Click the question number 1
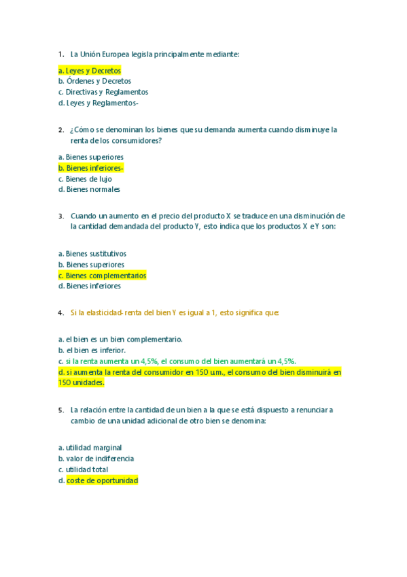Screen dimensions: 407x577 coord(61,54)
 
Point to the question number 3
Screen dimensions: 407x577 coord(61,216)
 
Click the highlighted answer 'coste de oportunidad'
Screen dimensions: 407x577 coord(102,480)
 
